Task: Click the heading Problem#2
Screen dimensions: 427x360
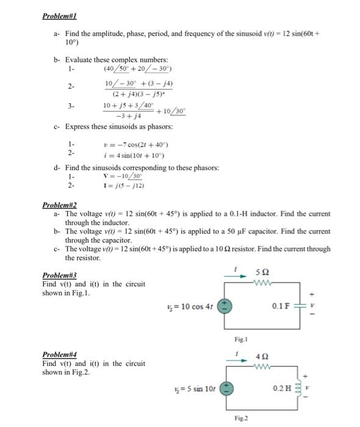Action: [60, 206]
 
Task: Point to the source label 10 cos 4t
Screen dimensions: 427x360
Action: [190, 306]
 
